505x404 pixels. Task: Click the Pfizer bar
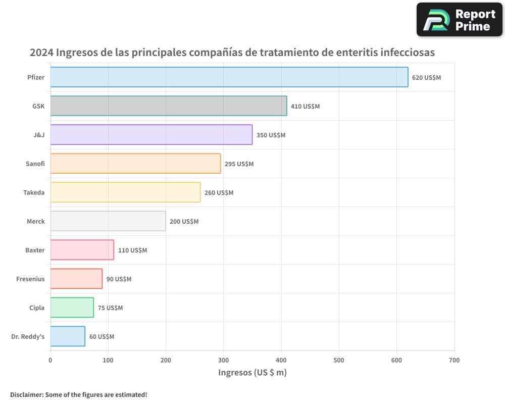229,77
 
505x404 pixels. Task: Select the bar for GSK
169,106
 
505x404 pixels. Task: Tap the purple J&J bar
151,135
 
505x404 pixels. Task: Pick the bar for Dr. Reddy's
68,336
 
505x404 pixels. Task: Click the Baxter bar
82,250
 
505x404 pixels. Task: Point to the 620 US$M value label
426,78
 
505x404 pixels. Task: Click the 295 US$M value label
239,164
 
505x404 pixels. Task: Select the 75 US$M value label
110,308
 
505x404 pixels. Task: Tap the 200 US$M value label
184,222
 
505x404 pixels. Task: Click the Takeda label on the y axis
34,192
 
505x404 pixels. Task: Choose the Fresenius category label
30,279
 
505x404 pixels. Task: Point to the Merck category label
36,221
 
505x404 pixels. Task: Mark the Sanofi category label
35,164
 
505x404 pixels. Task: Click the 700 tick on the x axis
454,360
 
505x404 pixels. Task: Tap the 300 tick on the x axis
224,360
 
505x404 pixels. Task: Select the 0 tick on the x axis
50,360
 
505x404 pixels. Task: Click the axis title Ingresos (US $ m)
252,373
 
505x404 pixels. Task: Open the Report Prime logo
460,20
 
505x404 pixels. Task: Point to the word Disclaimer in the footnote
26,394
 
